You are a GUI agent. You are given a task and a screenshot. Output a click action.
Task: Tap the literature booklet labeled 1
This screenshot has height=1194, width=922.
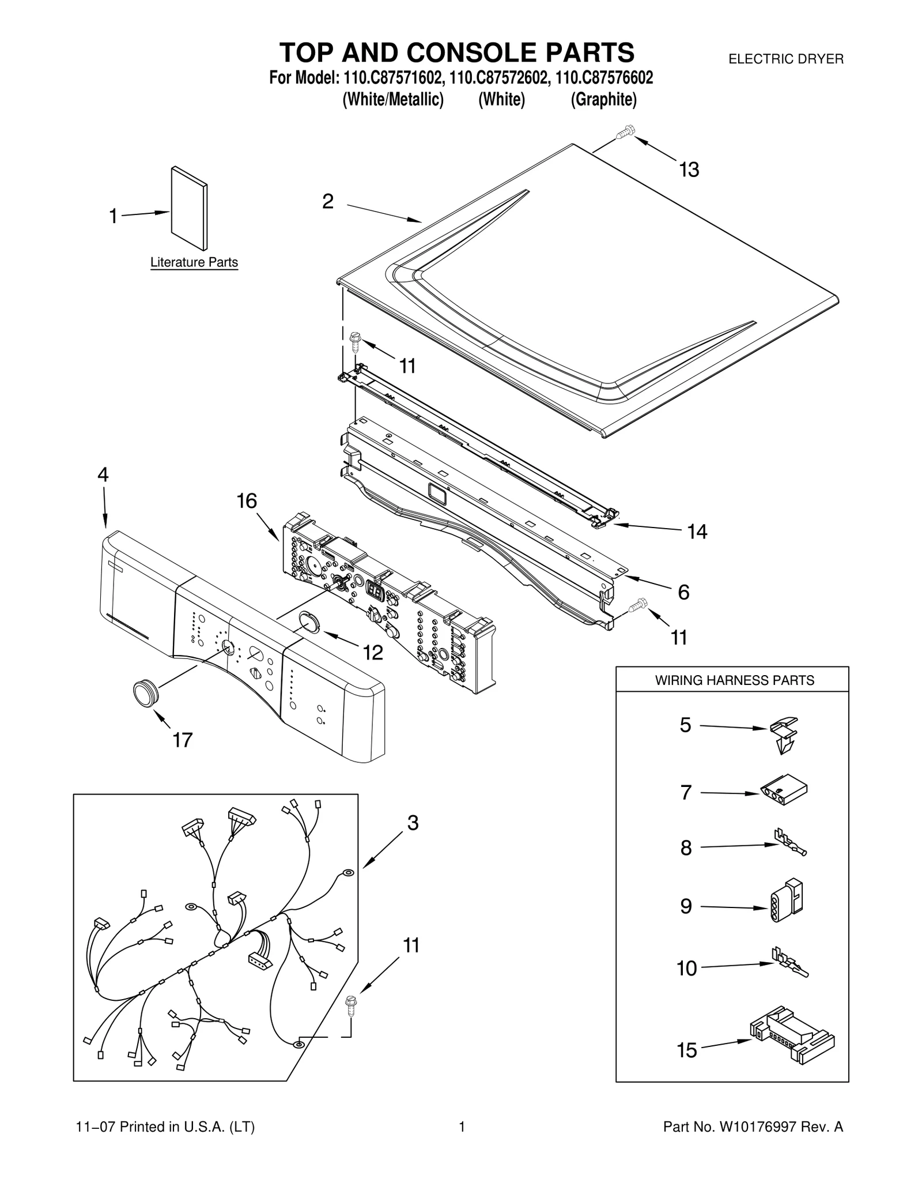point(189,209)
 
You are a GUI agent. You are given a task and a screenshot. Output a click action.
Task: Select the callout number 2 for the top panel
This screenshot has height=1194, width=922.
point(327,202)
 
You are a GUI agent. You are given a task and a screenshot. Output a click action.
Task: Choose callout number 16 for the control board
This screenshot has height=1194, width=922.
point(247,502)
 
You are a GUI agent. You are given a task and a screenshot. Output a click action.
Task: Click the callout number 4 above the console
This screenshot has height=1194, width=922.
point(103,475)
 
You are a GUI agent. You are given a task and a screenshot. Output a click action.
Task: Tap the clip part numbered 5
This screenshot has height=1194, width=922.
point(784,733)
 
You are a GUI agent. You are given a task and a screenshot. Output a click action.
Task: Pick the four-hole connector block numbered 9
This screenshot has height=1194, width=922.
point(787,906)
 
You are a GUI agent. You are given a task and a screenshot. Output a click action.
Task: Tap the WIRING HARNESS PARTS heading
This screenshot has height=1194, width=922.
point(734,680)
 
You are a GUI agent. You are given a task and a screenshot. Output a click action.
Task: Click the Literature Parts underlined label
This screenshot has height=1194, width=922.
point(194,262)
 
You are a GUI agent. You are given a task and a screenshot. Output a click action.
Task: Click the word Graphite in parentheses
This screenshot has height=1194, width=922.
point(603,100)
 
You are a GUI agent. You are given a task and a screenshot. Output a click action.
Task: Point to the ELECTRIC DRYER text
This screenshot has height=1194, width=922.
point(786,59)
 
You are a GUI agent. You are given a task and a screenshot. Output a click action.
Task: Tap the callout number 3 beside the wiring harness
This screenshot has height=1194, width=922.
point(413,823)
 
